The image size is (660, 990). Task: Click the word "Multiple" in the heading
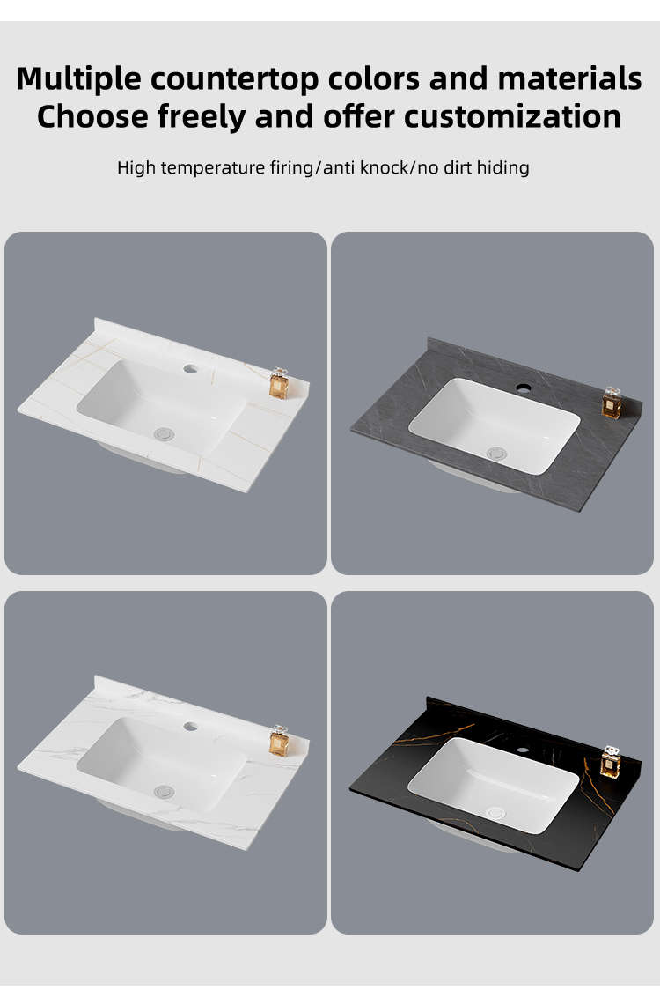point(79,79)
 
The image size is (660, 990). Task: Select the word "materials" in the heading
point(569,78)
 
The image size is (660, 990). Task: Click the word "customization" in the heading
point(512,116)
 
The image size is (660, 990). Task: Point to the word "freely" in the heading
point(202,117)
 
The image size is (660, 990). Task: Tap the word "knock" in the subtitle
point(384,168)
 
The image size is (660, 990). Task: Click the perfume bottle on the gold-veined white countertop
point(279,383)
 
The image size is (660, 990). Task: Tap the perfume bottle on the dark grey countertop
point(612,403)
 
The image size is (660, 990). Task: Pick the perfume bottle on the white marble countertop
point(279,741)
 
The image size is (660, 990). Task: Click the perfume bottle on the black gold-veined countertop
point(610,762)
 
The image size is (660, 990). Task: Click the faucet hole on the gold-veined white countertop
point(191,369)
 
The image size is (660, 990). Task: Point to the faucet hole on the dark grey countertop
point(522,387)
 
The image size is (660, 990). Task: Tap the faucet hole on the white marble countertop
point(191,727)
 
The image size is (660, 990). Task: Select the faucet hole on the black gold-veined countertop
point(522,750)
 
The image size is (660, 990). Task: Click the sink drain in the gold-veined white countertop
point(164,433)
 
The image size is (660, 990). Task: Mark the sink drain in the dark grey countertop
point(496,453)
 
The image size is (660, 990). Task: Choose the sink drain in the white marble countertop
point(164,791)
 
